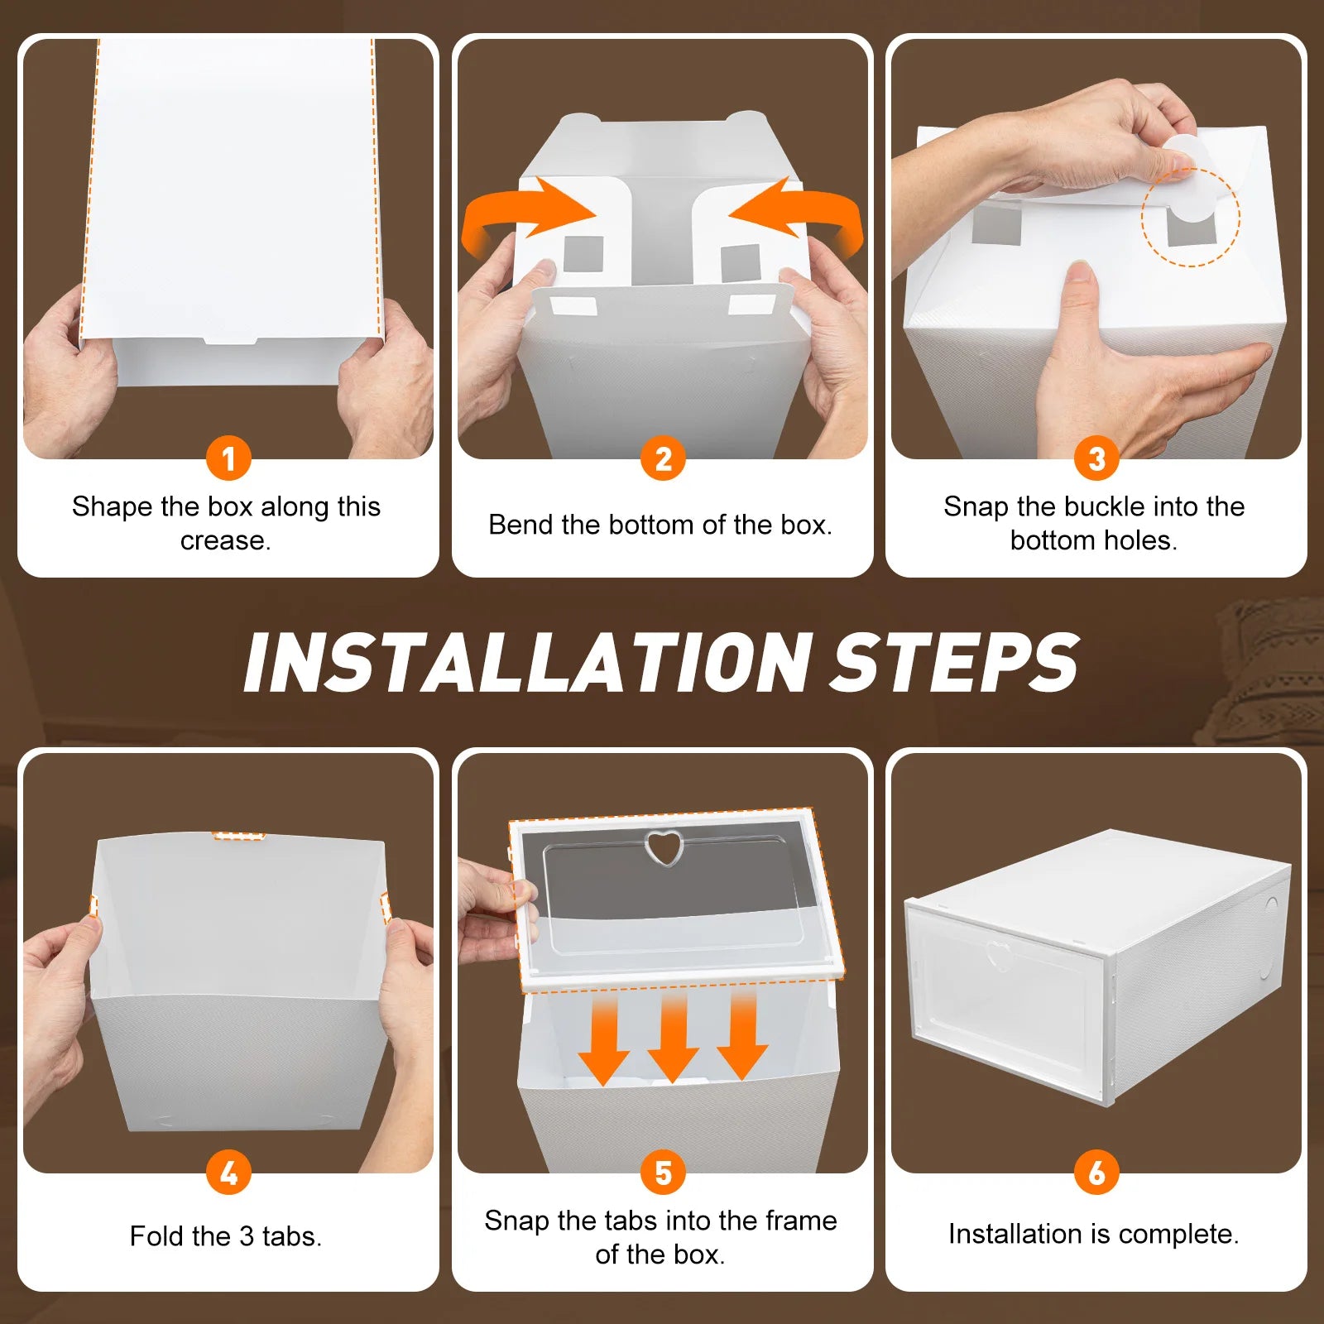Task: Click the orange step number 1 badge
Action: (228, 458)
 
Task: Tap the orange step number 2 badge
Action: (663, 458)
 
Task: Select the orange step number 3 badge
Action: (1096, 458)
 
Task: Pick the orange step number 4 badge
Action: (228, 1173)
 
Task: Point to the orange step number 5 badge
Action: (663, 1173)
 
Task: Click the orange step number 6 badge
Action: (1096, 1173)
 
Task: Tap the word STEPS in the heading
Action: (956, 663)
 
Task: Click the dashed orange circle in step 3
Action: (1191, 217)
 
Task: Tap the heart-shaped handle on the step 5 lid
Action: (663, 848)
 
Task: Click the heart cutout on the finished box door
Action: (999, 956)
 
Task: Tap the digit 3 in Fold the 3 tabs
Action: (247, 1236)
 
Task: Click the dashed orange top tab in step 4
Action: (238, 836)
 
